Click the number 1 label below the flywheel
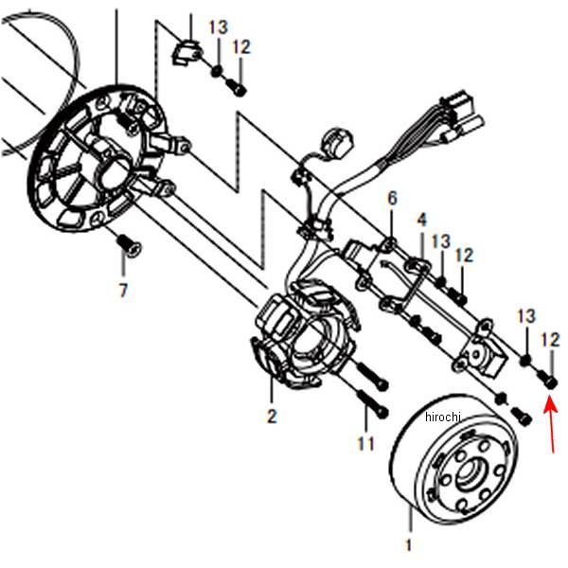click(409, 545)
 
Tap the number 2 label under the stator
click(272, 416)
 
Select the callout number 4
click(421, 220)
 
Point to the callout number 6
click(392, 199)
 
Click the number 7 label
click(123, 291)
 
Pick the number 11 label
click(366, 442)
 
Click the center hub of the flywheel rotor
click(470, 475)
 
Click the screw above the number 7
click(128, 245)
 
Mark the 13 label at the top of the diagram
click(218, 27)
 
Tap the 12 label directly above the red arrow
click(550, 339)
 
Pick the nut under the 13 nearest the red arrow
click(524, 361)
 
